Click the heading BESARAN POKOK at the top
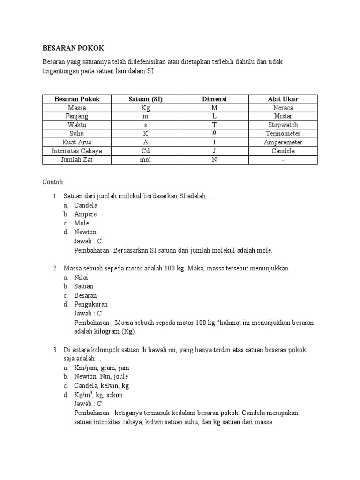73,48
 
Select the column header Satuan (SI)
145,99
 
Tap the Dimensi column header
214,99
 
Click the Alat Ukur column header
283,99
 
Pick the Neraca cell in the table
283,108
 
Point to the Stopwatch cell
283,125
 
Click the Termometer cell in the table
283,134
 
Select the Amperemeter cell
283,142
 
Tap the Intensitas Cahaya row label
77,151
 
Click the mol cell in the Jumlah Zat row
145,160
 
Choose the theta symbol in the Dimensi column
214,134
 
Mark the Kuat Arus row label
77,142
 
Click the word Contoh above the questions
54,181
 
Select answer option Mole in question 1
82,223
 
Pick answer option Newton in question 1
85,232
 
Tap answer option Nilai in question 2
82,277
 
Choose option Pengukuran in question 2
91,304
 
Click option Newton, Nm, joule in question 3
101,376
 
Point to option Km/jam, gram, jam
101,368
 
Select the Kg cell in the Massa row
145,108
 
